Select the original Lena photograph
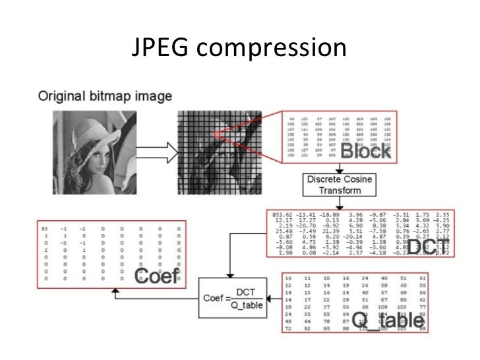[88, 150]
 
